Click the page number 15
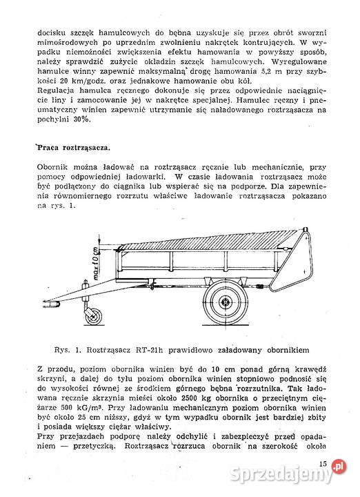(323, 465)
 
